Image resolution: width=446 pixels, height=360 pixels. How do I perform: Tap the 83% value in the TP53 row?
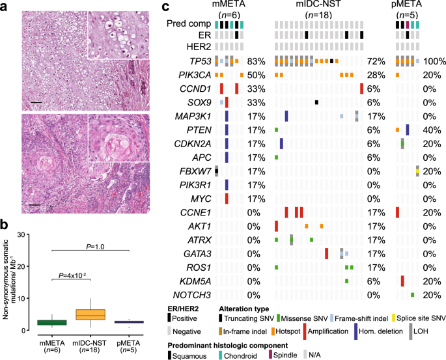[x=258, y=61]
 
